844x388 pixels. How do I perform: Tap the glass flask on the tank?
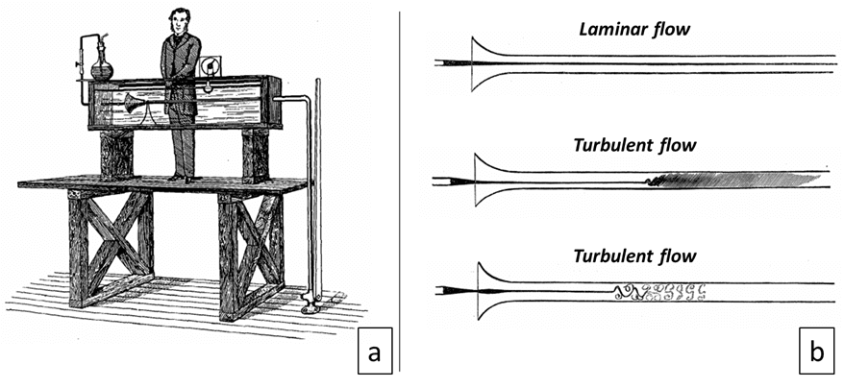click(x=101, y=65)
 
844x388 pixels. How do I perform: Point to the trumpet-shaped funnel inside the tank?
click(x=133, y=103)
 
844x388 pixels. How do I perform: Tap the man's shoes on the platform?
click(x=181, y=177)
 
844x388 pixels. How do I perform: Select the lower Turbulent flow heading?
click(x=634, y=256)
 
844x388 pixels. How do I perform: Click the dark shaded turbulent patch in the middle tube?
click(x=731, y=179)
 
